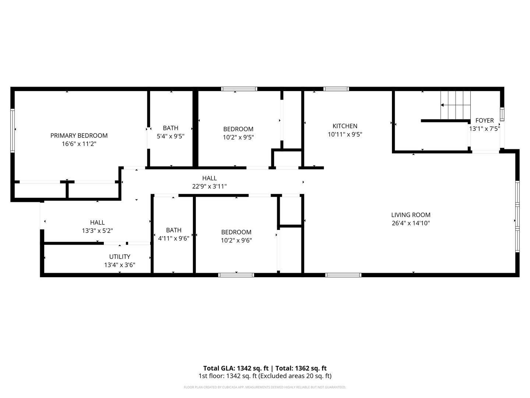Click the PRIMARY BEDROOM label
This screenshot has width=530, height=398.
79,136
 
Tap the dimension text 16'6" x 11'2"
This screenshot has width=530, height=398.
79,144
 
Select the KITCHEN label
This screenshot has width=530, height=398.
345,126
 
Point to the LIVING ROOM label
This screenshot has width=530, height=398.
411,215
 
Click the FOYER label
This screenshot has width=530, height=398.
484,121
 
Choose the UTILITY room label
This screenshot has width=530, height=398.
120,256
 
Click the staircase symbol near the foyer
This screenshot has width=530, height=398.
455,105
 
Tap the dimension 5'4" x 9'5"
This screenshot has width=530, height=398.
170,136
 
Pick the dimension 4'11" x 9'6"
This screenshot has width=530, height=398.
174,238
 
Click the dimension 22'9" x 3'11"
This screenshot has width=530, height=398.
209,186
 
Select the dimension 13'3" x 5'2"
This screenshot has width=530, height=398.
97,231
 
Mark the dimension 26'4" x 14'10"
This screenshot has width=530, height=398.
411,223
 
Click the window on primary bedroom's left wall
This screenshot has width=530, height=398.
12,130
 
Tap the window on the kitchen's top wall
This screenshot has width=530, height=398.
336,89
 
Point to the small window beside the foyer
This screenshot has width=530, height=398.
502,114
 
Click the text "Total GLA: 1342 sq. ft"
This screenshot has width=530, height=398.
236,368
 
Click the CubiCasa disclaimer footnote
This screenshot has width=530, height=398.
265,387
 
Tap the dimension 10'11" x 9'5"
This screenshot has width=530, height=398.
345,135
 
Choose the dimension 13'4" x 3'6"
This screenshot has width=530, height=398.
120,265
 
